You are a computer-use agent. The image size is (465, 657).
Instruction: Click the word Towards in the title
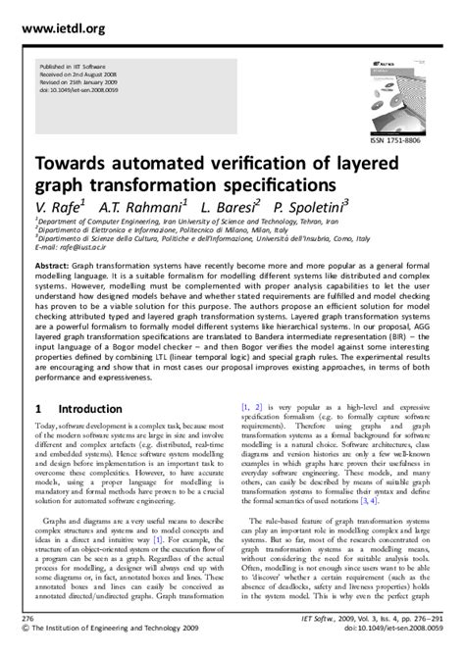tap(76, 162)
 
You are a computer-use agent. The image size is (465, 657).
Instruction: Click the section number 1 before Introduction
tap(38, 408)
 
